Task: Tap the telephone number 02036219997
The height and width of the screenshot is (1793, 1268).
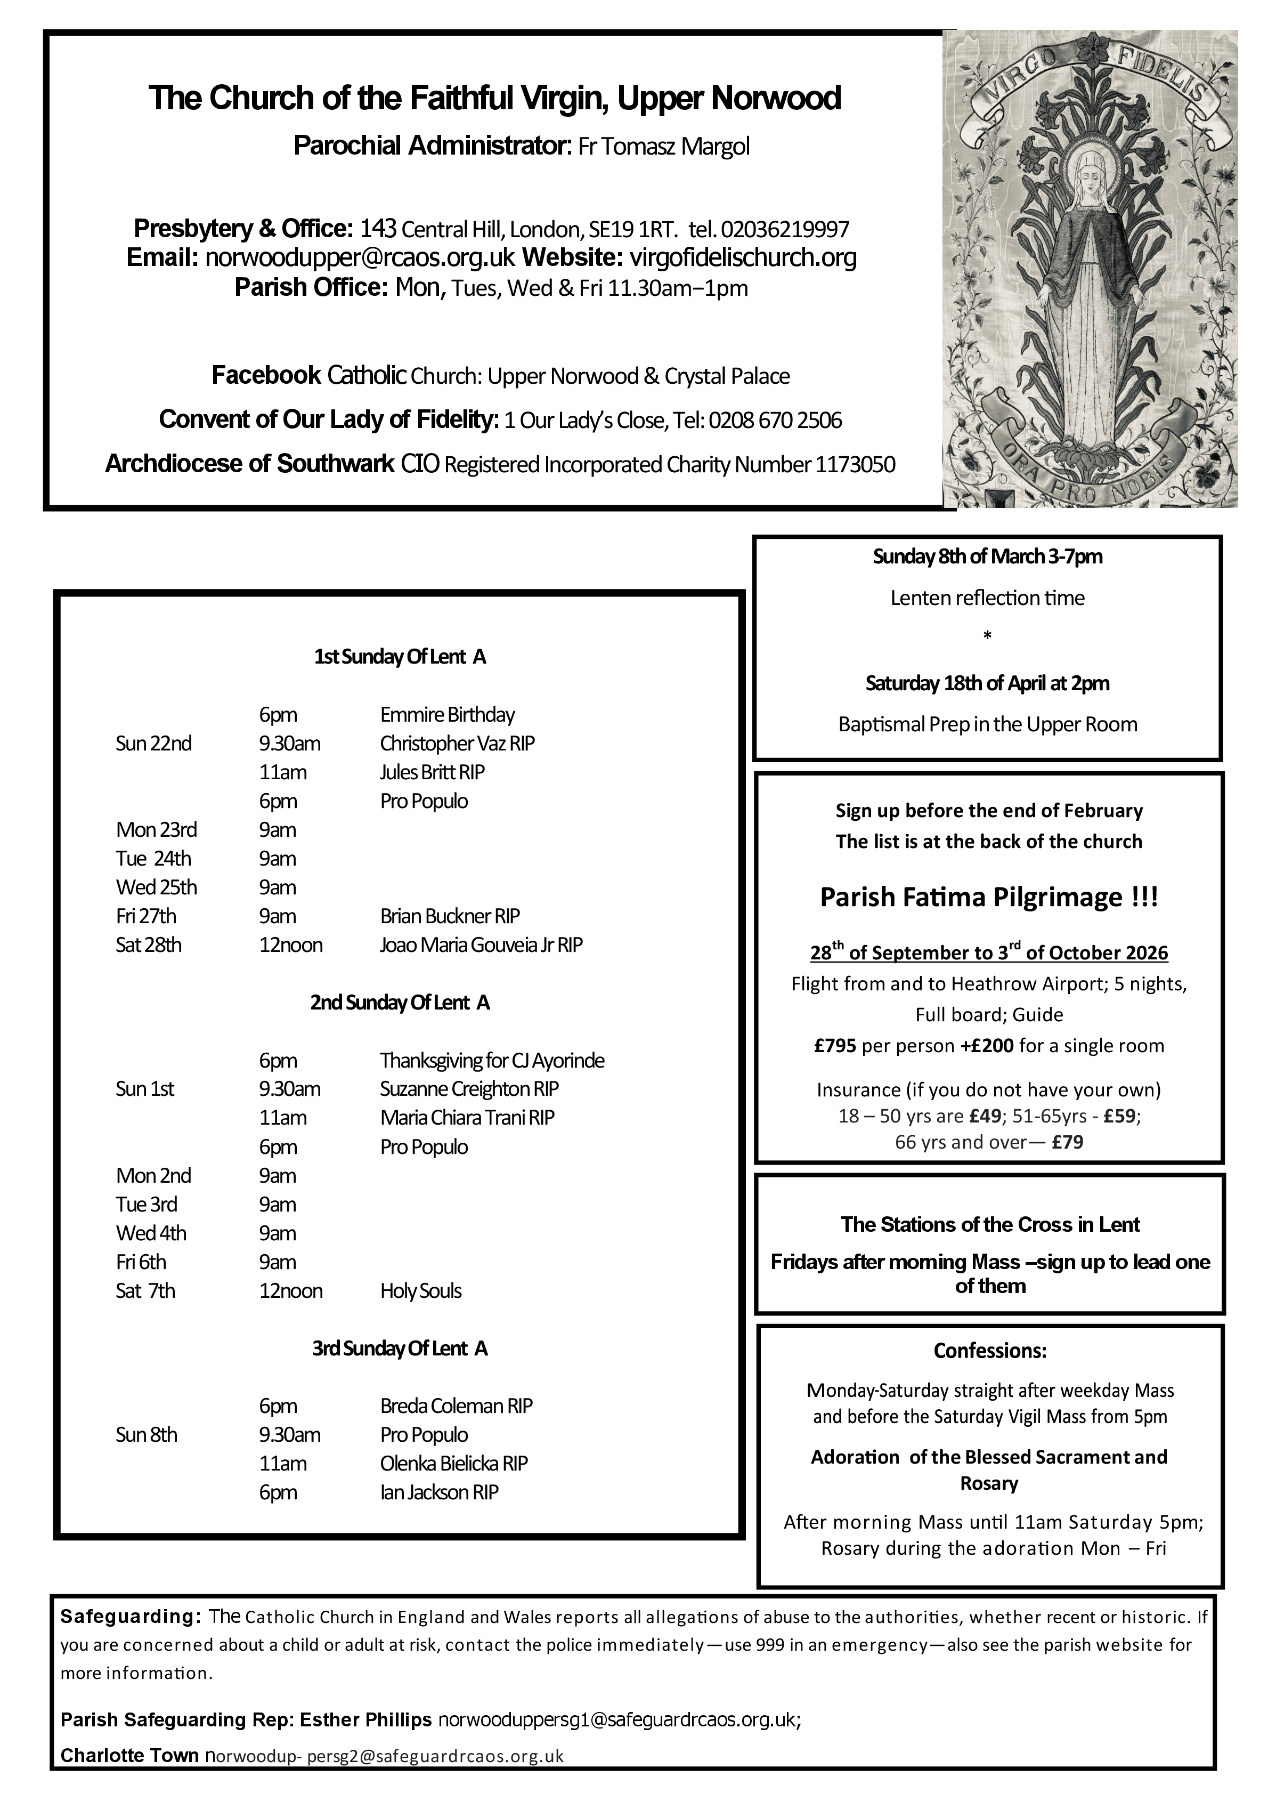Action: pos(785,230)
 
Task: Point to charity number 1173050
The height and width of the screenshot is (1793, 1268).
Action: pos(855,465)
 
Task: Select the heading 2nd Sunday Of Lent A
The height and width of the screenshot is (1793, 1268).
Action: pos(400,1003)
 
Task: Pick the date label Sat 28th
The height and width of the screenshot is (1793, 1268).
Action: pos(148,946)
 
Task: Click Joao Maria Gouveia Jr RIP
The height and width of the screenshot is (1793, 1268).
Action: pos(481,946)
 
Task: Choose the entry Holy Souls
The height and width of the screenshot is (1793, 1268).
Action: pos(421,1291)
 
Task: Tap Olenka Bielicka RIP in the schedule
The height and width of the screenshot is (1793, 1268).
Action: pos(453,1464)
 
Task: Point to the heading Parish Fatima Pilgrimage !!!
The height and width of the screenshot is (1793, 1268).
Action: pos(988,897)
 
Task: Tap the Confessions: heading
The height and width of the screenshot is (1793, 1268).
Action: pos(989,1351)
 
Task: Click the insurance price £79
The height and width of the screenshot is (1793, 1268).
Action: pos(1067,1143)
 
